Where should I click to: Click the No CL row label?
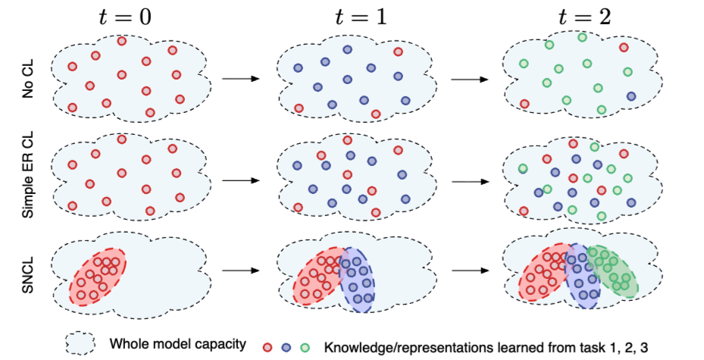tap(28, 80)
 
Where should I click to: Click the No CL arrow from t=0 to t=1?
tap(238, 78)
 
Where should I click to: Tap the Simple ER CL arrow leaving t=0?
tap(238, 180)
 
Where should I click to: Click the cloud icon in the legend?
tap(80, 343)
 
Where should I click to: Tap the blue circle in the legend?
tap(287, 347)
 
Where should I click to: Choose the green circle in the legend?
tap(305, 347)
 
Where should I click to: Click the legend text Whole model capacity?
tap(177, 345)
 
